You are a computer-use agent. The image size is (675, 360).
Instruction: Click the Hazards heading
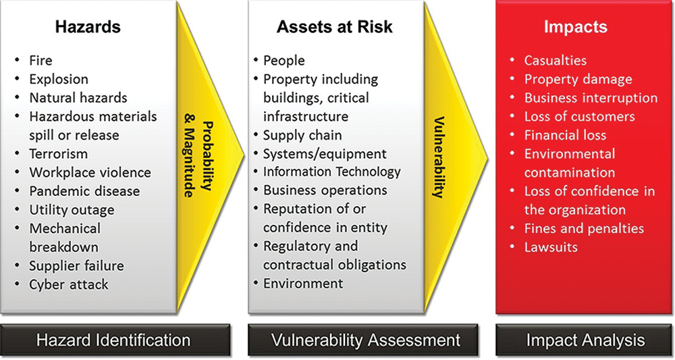click(x=88, y=27)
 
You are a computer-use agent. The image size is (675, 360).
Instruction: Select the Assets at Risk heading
click(x=335, y=27)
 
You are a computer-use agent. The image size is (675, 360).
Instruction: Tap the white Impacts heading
click(x=576, y=27)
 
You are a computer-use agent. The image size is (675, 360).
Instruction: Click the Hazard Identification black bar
click(x=115, y=340)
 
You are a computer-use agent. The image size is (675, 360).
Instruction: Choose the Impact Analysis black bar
click(x=585, y=340)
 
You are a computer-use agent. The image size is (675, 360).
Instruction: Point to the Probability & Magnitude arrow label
click(x=198, y=159)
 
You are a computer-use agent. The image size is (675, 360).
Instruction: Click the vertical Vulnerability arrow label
click(x=439, y=157)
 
